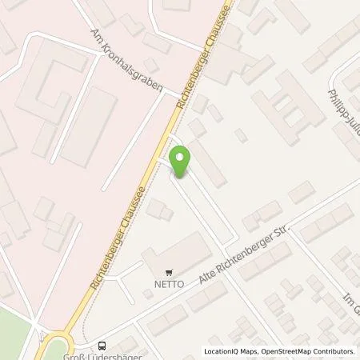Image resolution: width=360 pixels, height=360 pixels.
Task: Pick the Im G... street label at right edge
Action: (349, 286)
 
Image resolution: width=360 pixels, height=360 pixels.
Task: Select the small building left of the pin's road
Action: (158, 210)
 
